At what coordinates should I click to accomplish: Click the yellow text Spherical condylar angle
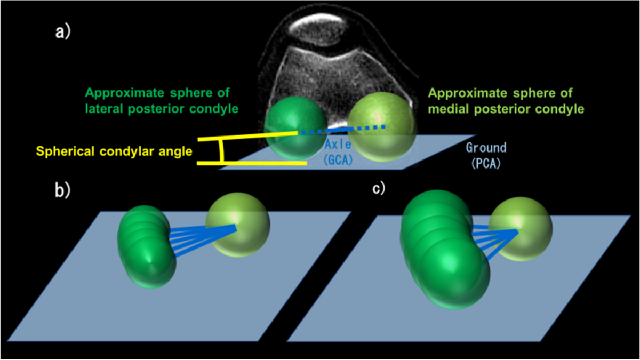point(114,151)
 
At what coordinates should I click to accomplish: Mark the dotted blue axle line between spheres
point(341,130)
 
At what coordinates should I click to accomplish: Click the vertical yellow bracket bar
point(222,151)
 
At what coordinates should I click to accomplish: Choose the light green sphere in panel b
point(237,226)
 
